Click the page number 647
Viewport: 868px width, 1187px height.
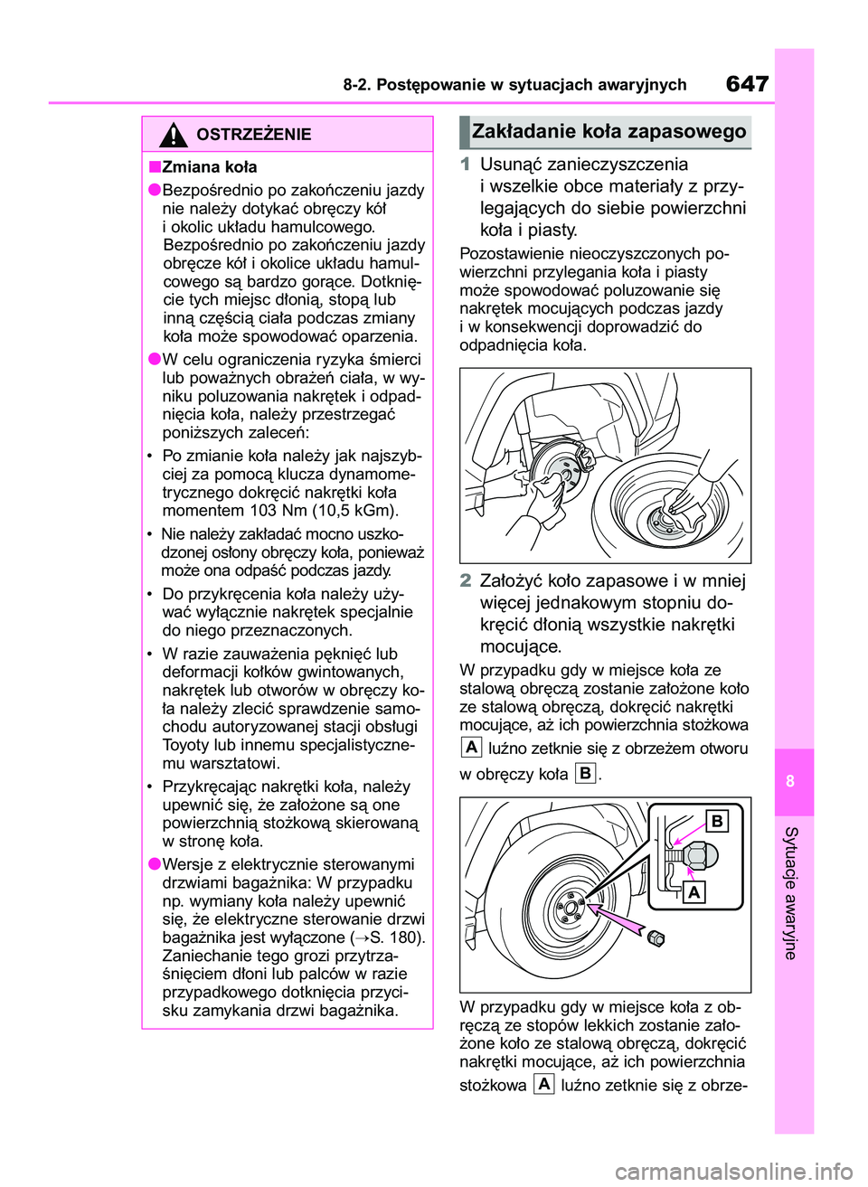747,84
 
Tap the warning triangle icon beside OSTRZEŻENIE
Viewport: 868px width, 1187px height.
173,135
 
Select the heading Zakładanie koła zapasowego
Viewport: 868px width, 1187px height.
609,132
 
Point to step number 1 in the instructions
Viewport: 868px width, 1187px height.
465,165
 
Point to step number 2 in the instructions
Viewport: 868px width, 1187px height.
465,581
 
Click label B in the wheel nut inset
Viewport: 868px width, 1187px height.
716,821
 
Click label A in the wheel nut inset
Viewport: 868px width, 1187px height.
693,893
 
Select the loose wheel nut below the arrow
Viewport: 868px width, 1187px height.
656,938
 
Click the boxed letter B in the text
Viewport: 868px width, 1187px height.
586,774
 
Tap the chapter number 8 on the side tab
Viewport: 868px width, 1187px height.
790,781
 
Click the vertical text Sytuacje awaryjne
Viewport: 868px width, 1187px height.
790,892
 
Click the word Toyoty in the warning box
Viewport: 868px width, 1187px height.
186,745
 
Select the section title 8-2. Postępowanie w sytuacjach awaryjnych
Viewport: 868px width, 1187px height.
514,85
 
